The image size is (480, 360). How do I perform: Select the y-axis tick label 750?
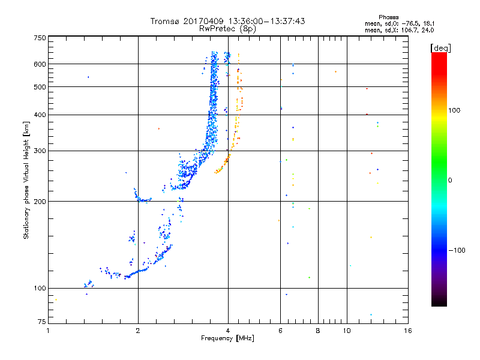tap(40, 38)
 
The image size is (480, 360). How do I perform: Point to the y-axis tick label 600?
tap(40, 64)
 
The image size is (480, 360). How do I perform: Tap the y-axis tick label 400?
tap(40, 115)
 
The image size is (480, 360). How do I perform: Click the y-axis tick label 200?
tap(40, 202)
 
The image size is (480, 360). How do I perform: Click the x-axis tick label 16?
tap(407, 331)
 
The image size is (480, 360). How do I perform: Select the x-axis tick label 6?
tap(280, 331)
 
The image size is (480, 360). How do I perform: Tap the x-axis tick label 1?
tap(48, 331)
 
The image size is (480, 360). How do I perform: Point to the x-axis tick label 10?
tap(346, 331)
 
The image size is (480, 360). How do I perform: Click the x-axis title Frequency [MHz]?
tap(228, 339)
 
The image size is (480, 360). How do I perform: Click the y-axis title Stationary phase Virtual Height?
tap(26, 180)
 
